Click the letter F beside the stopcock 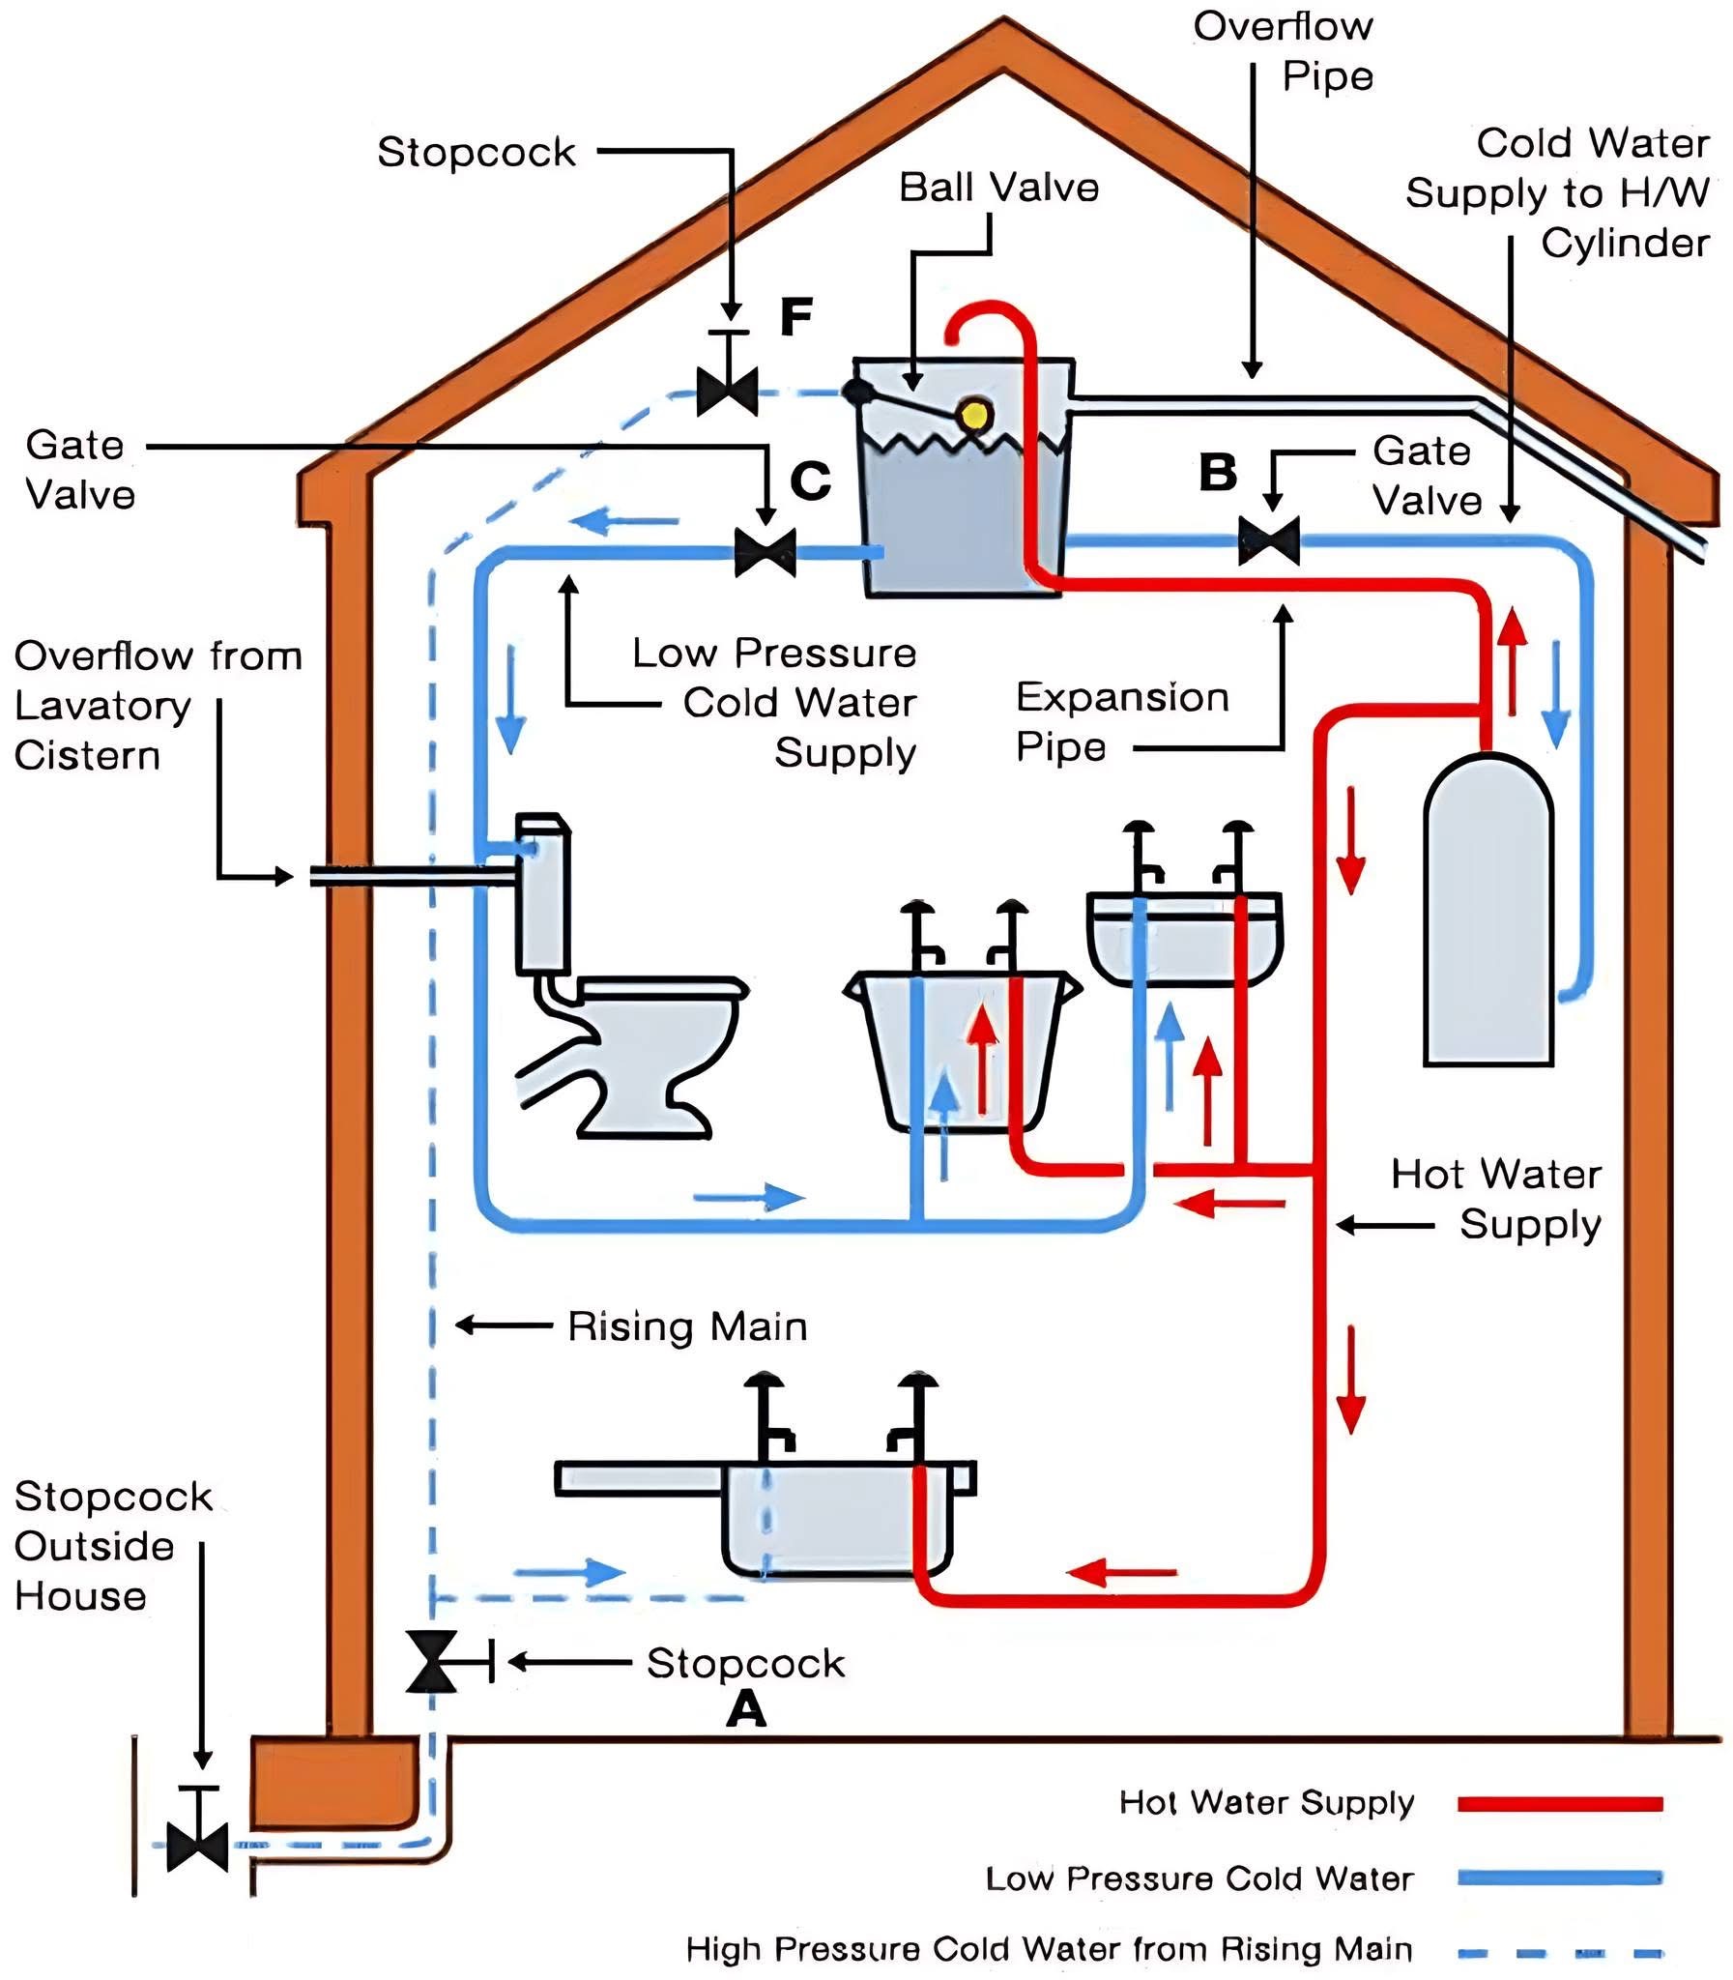pos(795,317)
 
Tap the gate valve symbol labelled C pos(765,552)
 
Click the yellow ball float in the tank pos(974,415)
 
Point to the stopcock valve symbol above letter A pos(431,1662)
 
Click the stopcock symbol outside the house pos(198,1846)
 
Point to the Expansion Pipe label pos(1122,721)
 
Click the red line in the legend pos(1559,1803)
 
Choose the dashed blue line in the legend pos(1559,1952)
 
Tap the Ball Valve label pos(998,188)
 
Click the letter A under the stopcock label pos(745,1710)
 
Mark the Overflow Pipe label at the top pos(1284,51)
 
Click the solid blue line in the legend pos(1559,1878)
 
